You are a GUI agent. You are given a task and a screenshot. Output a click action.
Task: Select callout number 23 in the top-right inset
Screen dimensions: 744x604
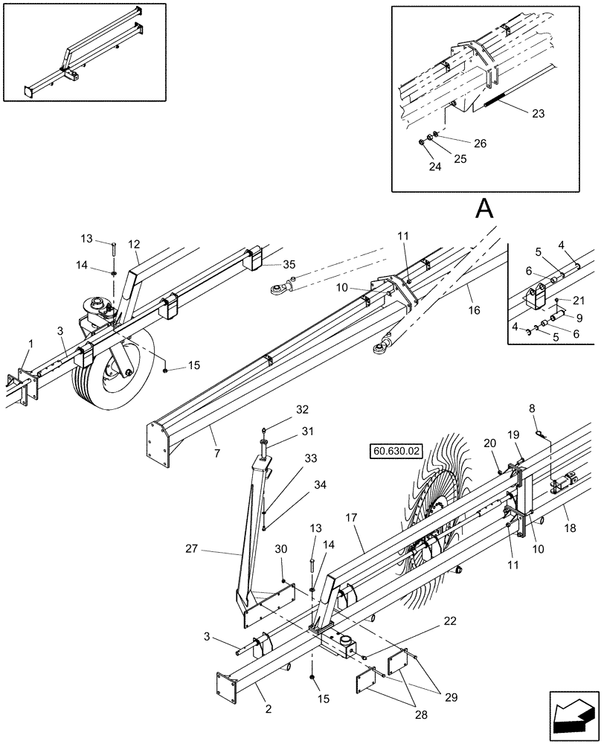(x=538, y=114)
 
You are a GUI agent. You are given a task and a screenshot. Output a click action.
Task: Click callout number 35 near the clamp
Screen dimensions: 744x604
(x=290, y=263)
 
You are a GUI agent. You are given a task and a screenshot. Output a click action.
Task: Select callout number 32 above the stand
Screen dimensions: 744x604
(x=280, y=409)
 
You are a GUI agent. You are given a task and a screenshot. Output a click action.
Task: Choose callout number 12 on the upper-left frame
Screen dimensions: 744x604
(x=134, y=244)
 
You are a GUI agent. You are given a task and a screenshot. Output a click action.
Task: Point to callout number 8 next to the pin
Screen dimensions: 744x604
(x=532, y=408)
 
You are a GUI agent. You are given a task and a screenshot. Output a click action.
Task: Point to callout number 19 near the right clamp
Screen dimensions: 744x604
(x=534, y=434)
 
